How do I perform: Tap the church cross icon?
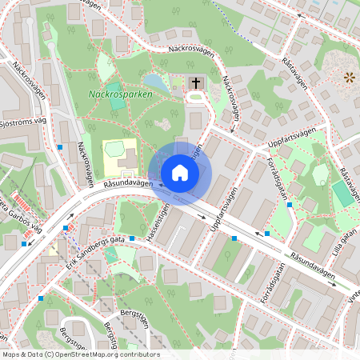(x=195, y=82)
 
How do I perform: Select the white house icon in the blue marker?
(x=180, y=172)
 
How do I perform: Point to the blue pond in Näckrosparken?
(x=155, y=81)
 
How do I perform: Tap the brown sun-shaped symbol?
(x=348, y=78)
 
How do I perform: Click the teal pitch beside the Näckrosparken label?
(x=115, y=90)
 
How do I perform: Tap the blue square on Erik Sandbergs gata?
(x=130, y=261)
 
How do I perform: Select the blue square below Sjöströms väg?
(x=60, y=147)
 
